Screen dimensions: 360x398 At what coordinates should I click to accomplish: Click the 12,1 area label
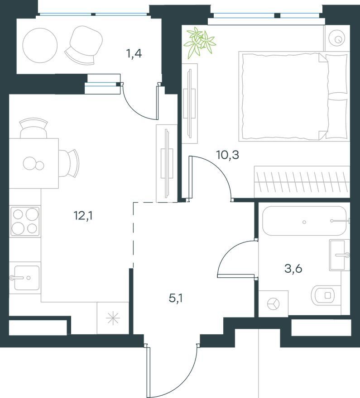83,216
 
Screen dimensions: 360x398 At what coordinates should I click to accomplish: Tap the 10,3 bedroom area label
228,155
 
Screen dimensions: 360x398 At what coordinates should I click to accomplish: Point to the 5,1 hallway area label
176,298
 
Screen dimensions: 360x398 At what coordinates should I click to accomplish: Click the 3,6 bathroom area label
293,269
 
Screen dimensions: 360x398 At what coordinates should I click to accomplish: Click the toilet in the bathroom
326,295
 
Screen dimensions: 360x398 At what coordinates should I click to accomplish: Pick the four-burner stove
25,222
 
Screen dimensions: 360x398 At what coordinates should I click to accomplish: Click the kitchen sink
27,278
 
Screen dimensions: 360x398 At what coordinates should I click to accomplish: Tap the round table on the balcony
40,45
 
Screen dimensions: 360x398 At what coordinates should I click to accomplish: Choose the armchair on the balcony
84,45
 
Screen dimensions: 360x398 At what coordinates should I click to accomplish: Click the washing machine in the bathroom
274,303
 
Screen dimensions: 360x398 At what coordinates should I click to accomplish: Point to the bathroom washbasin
337,255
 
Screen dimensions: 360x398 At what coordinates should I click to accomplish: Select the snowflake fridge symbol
113,318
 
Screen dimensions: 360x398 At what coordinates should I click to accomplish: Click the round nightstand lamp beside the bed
338,38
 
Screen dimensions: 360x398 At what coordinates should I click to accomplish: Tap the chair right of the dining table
70,163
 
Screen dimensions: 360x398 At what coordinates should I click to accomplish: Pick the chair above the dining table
34,128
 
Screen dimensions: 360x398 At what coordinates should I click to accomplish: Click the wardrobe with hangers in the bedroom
302,182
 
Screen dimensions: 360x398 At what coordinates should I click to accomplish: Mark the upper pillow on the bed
336,74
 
